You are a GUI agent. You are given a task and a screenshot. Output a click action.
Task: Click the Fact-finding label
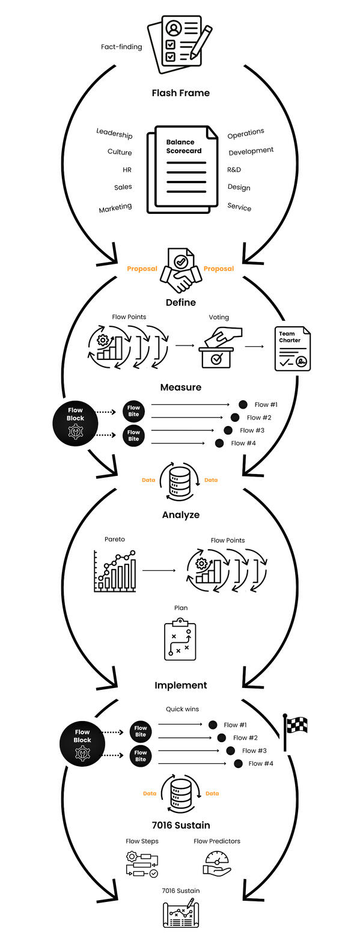pos(121,47)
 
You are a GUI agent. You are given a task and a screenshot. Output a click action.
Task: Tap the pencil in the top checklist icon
pos(201,42)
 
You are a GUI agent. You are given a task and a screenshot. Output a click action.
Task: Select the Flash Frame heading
pos(180,93)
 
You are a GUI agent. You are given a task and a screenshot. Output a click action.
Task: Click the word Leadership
pos(114,133)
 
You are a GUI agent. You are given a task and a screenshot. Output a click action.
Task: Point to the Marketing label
pos(115,208)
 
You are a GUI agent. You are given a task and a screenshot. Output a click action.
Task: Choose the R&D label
pos(234,170)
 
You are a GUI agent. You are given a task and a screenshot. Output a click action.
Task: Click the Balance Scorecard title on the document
pos(183,147)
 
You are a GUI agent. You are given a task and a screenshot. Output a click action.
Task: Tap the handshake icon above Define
pos(181,271)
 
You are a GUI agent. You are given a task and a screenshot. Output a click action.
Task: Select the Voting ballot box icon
pos(219,349)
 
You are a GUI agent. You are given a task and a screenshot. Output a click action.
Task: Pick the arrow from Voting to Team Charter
pos(254,347)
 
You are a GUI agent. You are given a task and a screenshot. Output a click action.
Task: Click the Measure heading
pos(180,388)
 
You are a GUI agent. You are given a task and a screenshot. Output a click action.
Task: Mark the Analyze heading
pos(180,515)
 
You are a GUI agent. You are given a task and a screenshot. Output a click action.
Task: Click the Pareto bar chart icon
pos(114,571)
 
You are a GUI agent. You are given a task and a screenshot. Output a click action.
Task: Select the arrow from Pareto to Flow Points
pos(159,570)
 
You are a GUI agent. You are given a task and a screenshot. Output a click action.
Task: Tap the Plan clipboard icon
pos(180,639)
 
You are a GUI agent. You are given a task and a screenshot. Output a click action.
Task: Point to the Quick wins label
pos(182,709)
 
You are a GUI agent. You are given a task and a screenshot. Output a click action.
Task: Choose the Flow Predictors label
pos(217,841)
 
